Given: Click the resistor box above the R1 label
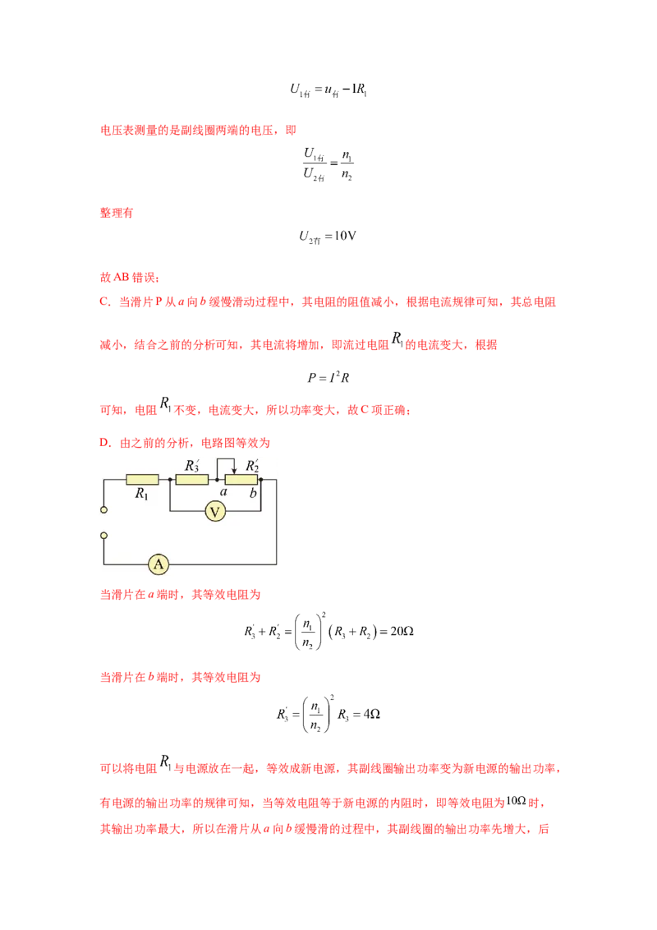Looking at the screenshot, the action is point(142,479).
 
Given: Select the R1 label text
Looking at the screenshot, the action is point(142,495).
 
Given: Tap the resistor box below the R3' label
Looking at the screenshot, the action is point(192,479).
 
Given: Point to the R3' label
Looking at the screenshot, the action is point(192,465).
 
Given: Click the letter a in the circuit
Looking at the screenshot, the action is point(223,492).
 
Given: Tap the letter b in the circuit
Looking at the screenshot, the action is point(254,493).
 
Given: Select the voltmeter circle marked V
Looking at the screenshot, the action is point(215,512).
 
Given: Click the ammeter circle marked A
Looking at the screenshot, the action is point(159,564).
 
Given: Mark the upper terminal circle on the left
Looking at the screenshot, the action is point(104,510).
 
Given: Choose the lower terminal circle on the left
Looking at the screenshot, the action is point(104,536).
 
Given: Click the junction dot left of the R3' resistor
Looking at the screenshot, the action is point(169,479).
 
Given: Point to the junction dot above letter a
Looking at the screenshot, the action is point(217,479).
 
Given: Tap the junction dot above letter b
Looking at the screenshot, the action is point(260,479).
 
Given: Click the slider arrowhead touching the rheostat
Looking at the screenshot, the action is point(233,472).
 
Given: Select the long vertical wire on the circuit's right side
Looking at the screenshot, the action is point(276,526).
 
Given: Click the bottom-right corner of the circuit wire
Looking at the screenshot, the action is point(276,564).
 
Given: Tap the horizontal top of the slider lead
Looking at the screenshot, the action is point(225,459).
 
